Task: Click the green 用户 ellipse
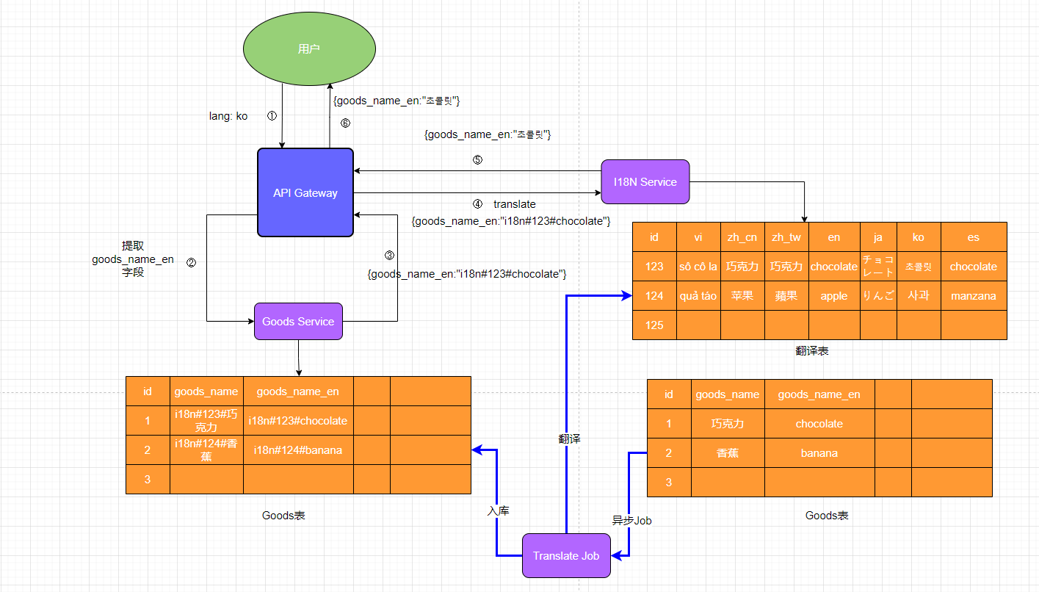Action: tap(309, 49)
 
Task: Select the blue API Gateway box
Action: tap(305, 192)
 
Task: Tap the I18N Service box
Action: tap(645, 181)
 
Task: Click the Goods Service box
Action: tap(298, 321)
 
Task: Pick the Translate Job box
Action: tap(566, 555)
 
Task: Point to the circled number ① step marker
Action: tap(272, 116)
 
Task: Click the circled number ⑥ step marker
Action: tap(345, 123)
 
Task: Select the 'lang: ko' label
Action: tap(228, 116)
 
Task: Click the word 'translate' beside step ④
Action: tap(514, 203)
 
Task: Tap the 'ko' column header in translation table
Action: tap(919, 237)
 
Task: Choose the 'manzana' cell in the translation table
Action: tap(973, 296)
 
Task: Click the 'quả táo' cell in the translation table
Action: tap(698, 296)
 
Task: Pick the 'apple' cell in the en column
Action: tap(834, 296)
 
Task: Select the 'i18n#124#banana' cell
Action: tap(298, 450)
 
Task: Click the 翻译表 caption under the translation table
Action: tap(812, 351)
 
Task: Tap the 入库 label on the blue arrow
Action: tap(498, 510)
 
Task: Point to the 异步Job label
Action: tap(632, 520)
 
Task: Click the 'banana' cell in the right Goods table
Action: tap(819, 453)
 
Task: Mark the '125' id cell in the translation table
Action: tap(654, 325)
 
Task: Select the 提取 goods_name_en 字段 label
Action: tap(133, 259)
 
